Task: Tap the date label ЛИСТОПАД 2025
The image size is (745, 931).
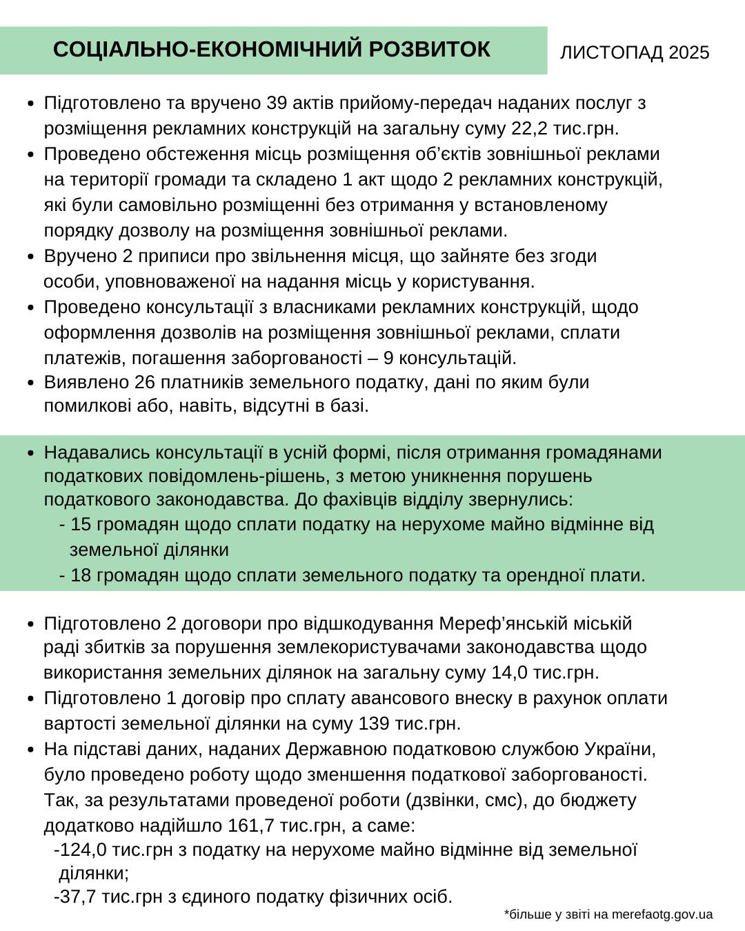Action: [x=634, y=53]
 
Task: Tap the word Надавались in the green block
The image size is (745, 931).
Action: [x=97, y=453]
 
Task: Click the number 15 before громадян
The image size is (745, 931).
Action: [x=81, y=525]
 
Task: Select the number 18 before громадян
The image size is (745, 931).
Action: [x=81, y=576]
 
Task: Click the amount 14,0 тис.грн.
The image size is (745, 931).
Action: [x=545, y=672]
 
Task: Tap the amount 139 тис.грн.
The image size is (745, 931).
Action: [x=410, y=724]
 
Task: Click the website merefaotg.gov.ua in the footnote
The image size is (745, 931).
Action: [x=662, y=915]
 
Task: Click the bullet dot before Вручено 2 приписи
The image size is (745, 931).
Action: [x=30, y=257]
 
